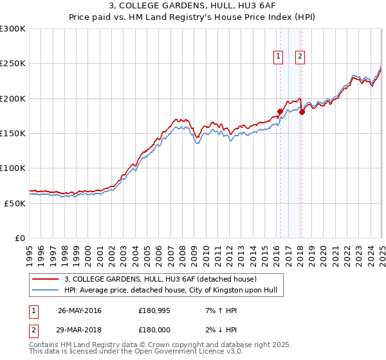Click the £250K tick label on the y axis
(x=13, y=64)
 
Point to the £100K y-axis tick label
(x=13, y=168)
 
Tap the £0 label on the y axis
(x=19, y=238)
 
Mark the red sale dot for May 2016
(x=280, y=111)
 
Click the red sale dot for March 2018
(x=302, y=112)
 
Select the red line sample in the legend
(x=46, y=279)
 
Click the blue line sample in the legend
(x=46, y=291)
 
